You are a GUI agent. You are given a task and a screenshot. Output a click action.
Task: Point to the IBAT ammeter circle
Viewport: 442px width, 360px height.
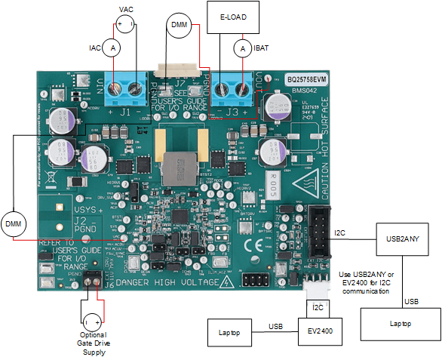tap(243, 48)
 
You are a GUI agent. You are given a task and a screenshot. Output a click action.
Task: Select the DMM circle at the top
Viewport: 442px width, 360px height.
tap(179, 25)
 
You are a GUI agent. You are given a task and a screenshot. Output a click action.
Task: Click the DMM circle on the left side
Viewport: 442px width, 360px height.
tap(13, 224)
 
